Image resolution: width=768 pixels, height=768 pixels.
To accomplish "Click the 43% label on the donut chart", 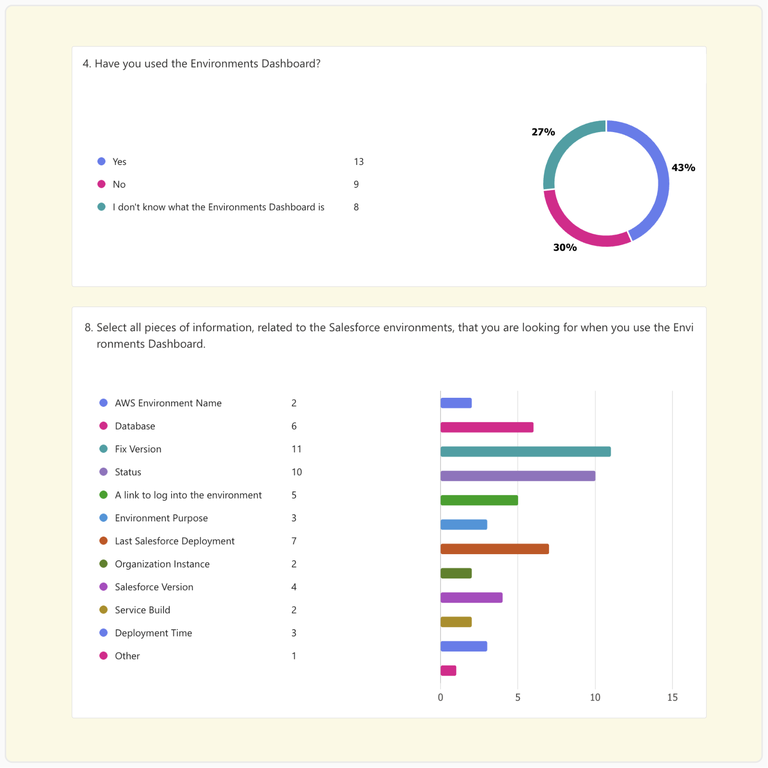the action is coord(683,167).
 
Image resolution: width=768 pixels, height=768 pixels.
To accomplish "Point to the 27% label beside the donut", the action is coord(543,132).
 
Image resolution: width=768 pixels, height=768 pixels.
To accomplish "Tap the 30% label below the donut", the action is coord(565,247).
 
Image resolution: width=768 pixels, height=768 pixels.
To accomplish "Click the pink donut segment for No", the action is coord(577,233).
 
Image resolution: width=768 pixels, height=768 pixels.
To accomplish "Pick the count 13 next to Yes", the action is coord(359,162).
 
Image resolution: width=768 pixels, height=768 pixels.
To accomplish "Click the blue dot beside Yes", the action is coord(101,162).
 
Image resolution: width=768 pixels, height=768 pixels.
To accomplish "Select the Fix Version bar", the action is coord(525,451).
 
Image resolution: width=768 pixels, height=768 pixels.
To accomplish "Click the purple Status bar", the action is coord(518,476).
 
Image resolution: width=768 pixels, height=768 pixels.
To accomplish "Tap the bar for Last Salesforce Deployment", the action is coord(494,549).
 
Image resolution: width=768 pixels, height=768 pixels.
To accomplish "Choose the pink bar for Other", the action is coord(448,671).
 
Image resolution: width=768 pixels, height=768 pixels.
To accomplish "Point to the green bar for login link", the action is coord(479,500).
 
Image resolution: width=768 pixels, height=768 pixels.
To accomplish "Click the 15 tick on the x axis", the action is coord(672,697).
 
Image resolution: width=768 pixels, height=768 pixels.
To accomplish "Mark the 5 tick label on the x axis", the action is coord(518,697).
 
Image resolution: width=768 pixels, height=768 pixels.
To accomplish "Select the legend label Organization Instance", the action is coord(162,564).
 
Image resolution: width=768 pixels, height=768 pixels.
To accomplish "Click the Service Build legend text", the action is coord(143,610).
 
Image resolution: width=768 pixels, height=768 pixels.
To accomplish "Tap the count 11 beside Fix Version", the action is coord(297,449).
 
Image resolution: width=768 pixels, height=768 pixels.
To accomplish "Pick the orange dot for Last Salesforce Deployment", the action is coord(103,541).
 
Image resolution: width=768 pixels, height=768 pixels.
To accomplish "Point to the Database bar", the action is coord(487,427).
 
